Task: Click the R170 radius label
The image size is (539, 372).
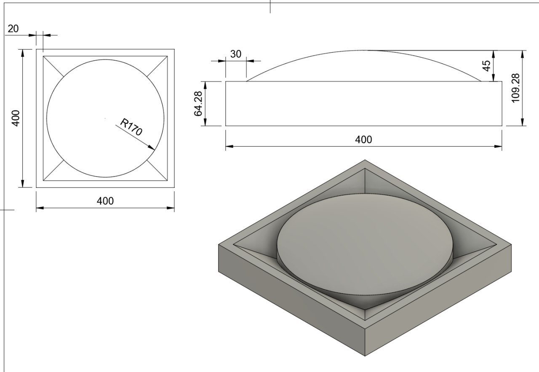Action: coord(131,127)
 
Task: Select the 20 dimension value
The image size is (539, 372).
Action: coord(13,29)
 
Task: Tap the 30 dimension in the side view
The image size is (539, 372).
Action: coord(235,54)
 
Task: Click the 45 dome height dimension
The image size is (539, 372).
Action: coord(486,66)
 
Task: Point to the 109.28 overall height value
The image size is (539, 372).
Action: coord(515,88)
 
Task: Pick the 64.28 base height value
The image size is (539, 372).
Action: coord(198,104)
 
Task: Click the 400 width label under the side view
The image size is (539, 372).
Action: coord(363,139)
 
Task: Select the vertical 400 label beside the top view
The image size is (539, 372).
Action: coord(16,118)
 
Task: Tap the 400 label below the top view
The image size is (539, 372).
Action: coord(105,201)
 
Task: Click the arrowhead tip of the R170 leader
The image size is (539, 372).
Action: coord(155,150)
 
